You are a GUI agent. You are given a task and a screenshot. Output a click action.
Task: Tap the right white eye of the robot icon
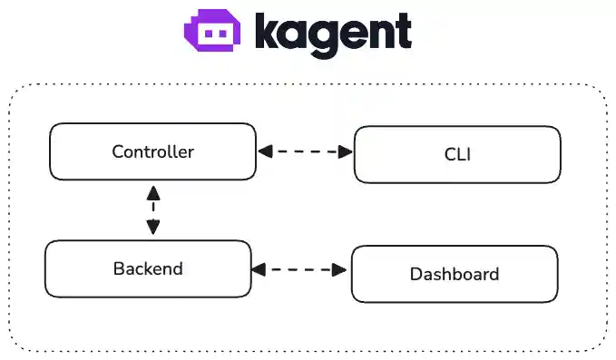click(222, 34)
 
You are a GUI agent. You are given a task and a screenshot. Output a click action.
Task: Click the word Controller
click(152, 151)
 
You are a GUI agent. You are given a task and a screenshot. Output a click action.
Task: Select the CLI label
click(456, 154)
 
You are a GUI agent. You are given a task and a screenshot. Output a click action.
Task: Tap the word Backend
click(148, 268)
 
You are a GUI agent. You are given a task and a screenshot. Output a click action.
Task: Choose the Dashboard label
click(454, 274)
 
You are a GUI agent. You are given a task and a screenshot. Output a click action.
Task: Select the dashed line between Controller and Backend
click(152, 210)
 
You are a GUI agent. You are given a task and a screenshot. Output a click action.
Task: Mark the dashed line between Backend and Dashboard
click(300, 269)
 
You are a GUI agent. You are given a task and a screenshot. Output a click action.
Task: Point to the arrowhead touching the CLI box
click(346, 152)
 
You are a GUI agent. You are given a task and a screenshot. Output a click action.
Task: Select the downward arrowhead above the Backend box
click(152, 229)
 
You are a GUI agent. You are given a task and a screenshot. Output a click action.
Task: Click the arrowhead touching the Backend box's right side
click(259, 269)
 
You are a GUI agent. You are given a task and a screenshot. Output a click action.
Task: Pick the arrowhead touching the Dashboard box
click(342, 269)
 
